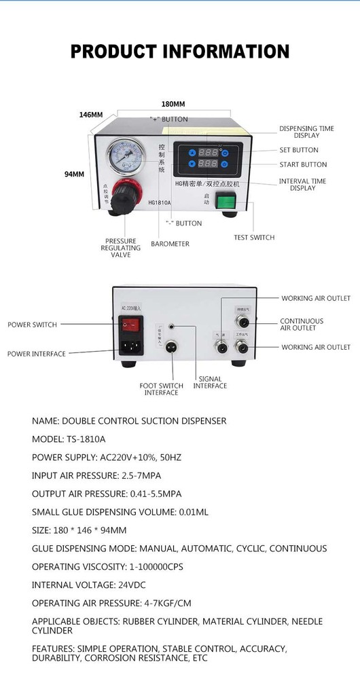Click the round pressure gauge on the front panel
tap(125, 155)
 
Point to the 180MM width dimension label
tap(173, 105)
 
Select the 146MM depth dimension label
tap(90, 115)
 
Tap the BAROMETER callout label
tap(170, 244)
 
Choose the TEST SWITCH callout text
tap(254, 238)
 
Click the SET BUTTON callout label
tap(299, 150)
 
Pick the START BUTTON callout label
tap(303, 165)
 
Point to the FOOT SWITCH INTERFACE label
tap(161, 389)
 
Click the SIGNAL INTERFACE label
tap(210, 382)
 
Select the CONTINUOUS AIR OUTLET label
tap(302, 325)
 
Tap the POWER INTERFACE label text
tap(37, 354)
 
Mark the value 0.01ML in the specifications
tap(190, 512)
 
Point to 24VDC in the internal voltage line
tap(130, 585)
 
